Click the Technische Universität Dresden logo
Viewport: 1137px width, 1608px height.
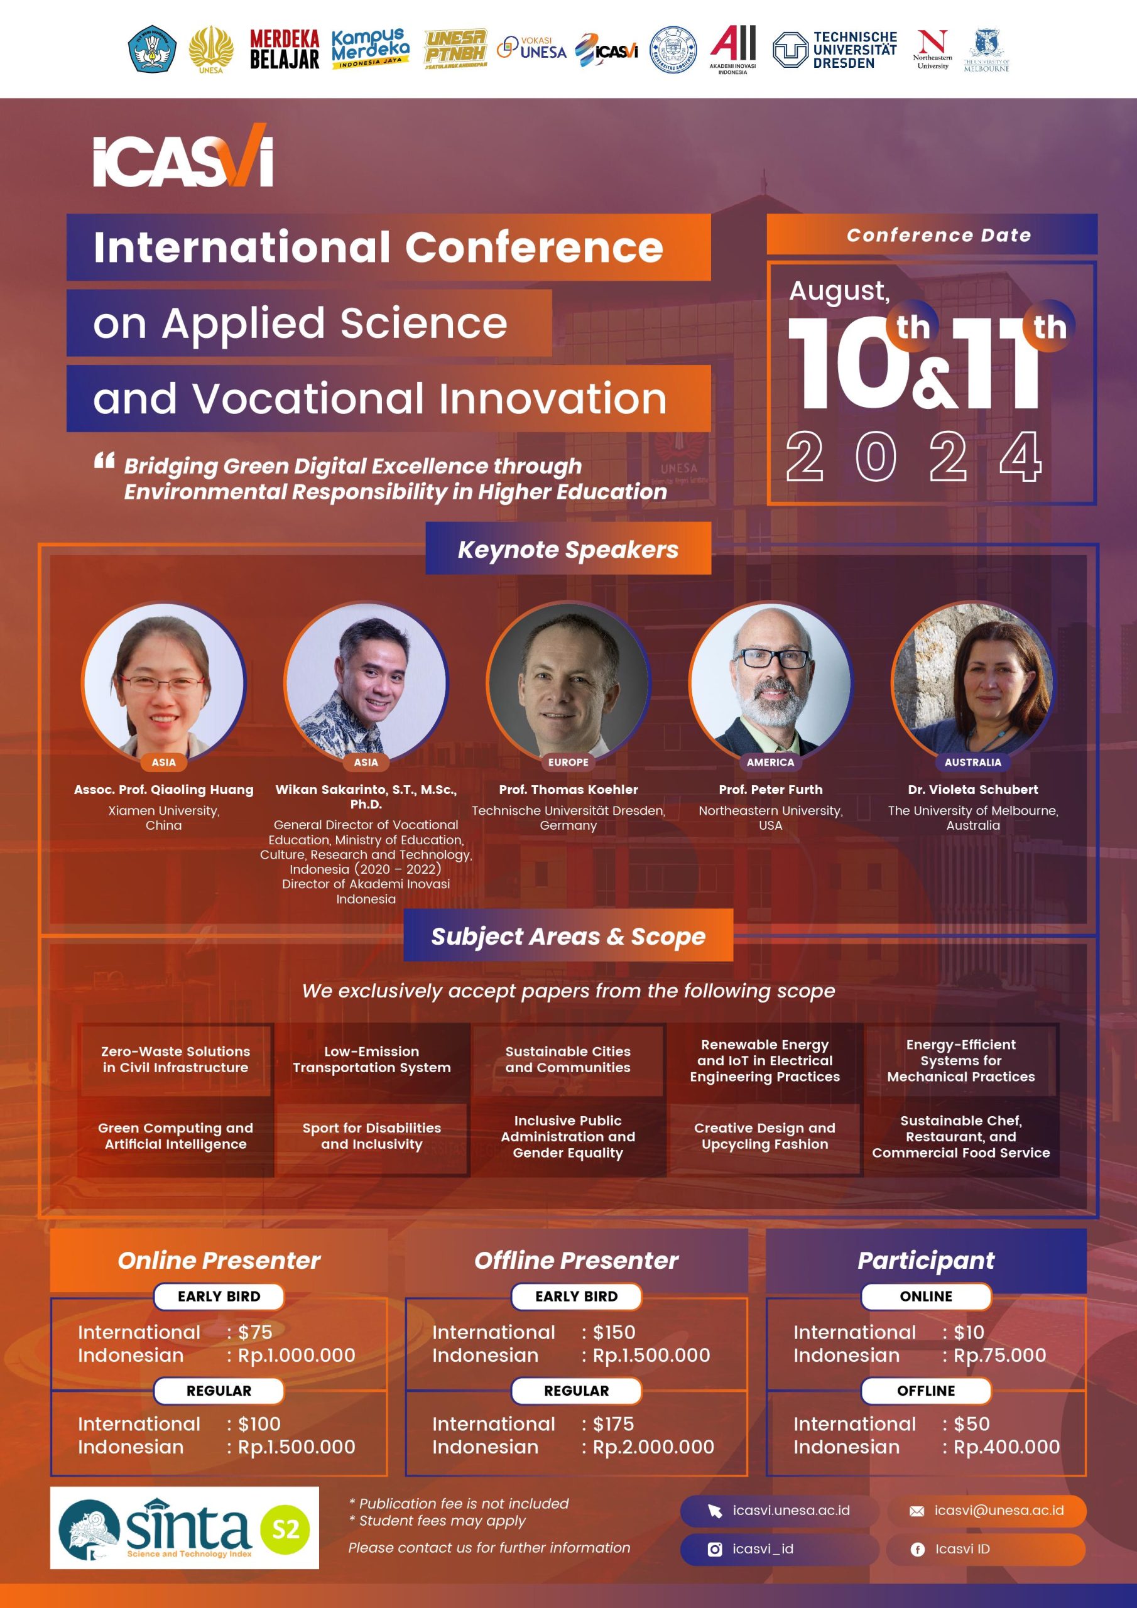coord(834,50)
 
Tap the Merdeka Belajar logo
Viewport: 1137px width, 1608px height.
coord(285,49)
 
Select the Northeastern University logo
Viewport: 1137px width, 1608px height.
coord(932,49)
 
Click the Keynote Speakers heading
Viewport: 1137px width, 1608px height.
coord(568,549)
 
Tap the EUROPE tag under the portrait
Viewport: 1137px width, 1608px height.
coord(568,762)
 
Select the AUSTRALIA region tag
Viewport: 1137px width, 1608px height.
coord(973,762)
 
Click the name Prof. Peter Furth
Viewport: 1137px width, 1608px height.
coord(771,790)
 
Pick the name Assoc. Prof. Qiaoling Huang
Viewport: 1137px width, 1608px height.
coord(164,790)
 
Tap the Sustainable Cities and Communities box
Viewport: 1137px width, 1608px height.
coord(568,1059)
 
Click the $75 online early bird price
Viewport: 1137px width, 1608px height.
coord(255,1332)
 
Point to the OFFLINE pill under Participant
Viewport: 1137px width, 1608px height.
coord(926,1390)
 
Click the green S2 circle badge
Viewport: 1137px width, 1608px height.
coord(285,1528)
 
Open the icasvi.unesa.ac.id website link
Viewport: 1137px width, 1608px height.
coord(779,1510)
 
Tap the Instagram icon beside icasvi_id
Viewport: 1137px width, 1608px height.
coord(715,1549)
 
